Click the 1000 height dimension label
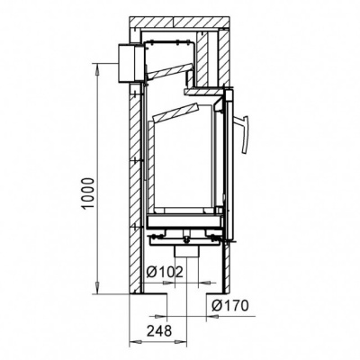(89, 193)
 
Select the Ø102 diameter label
(165, 272)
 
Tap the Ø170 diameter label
(230, 306)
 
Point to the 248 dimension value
(159, 331)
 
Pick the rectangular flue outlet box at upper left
(130, 63)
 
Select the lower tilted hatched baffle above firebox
(175, 113)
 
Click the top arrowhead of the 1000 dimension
(97, 70)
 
